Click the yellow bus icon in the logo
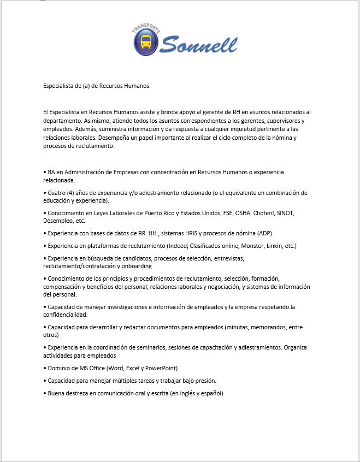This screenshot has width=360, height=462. click(146, 42)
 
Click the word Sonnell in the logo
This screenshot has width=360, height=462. click(199, 43)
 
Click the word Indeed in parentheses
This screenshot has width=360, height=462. click(179, 246)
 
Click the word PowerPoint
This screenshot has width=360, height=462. click(162, 368)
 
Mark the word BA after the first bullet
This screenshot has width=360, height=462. click(52, 173)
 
